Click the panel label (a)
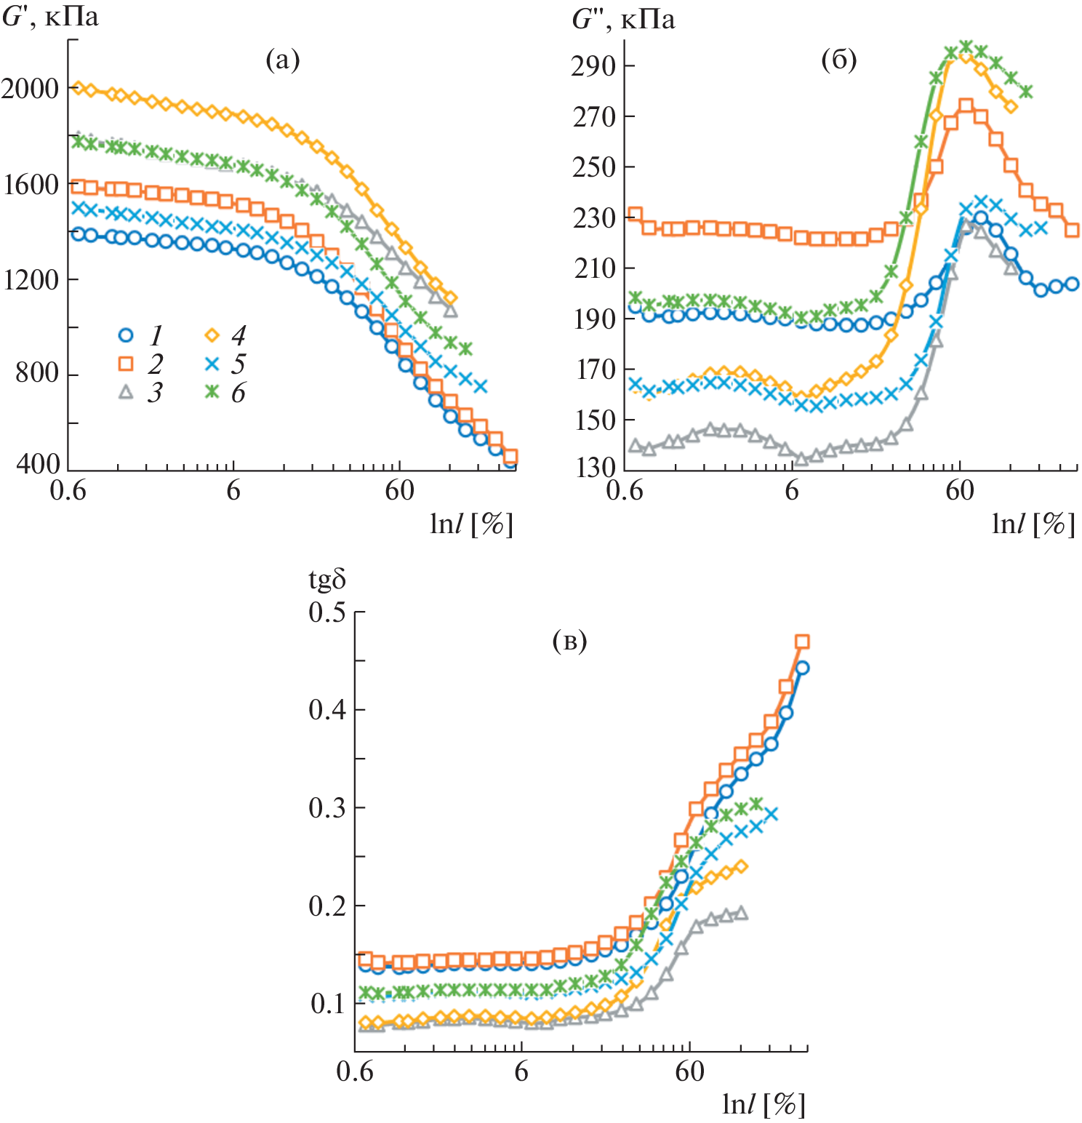point(282,60)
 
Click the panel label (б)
point(838,60)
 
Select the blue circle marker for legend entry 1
point(126,335)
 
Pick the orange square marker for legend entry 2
point(126,364)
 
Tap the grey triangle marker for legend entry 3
point(126,392)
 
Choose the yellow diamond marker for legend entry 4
point(212,335)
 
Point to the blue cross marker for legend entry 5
point(212,364)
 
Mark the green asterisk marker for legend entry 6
point(212,392)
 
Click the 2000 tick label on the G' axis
point(30,89)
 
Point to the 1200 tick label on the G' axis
point(30,279)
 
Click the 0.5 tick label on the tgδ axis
point(326,612)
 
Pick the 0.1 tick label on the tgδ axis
point(326,1004)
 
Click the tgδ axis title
point(326,580)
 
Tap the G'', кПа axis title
point(623,19)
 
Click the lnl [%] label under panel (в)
point(764,1104)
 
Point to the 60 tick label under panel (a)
point(399,491)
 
